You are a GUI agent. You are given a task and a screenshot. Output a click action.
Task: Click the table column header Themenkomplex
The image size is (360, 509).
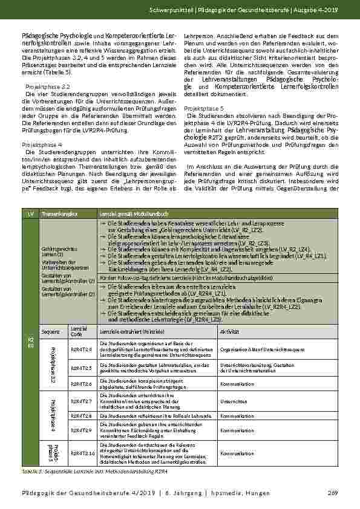click(x=56, y=214)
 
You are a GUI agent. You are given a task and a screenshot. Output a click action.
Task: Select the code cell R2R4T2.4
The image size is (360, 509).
click(x=80, y=349)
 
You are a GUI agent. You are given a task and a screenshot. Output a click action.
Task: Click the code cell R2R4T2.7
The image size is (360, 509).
click(x=80, y=401)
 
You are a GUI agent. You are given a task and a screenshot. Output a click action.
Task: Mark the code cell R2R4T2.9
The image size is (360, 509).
click(x=80, y=430)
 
